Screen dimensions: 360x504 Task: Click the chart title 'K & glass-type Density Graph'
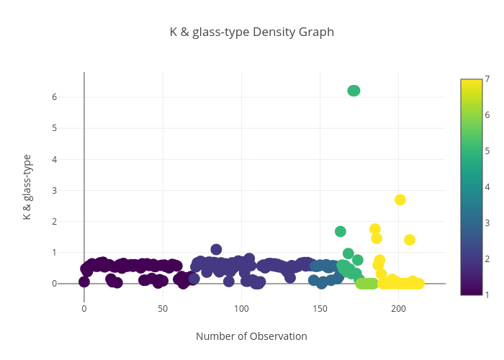pyautogui.click(x=251, y=32)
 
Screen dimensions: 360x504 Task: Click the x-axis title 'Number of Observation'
pyautogui.click(x=251, y=336)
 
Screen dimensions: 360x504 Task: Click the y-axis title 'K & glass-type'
pyautogui.click(x=27, y=186)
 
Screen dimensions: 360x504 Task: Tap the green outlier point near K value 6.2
pyautogui.click(x=354, y=91)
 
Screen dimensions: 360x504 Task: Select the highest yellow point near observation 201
pyautogui.click(x=400, y=199)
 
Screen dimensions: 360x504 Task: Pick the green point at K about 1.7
pyautogui.click(x=341, y=231)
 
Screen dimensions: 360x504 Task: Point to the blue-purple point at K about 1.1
pyautogui.click(x=216, y=249)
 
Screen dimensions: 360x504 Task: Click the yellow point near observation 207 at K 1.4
pyautogui.click(x=410, y=240)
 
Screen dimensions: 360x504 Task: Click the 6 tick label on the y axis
pyautogui.click(x=74, y=97)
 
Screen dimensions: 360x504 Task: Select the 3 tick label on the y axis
pyautogui.click(x=74, y=190)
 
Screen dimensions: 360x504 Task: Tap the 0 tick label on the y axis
pyautogui.click(x=74, y=284)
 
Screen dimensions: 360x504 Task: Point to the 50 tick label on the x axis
pyautogui.click(x=163, y=309)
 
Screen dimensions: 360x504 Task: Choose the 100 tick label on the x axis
pyautogui.click(x=241, y=309)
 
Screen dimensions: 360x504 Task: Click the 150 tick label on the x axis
pyautogui.click(x=320, y=309)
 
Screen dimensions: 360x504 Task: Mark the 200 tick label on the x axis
pyautogui.click(x=399, y=309)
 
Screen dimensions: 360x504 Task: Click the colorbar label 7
pyautogui.click(x=487, y=79)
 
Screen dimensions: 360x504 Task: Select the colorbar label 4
pyautogui.click(x=487, y=186)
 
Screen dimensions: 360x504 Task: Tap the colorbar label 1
pyautogui.click(x=487, y=294)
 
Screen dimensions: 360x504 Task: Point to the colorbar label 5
pyautogui.click(x=487, y=150)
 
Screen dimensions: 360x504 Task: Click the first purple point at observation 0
pyautogui.click(x=84, y=282)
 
